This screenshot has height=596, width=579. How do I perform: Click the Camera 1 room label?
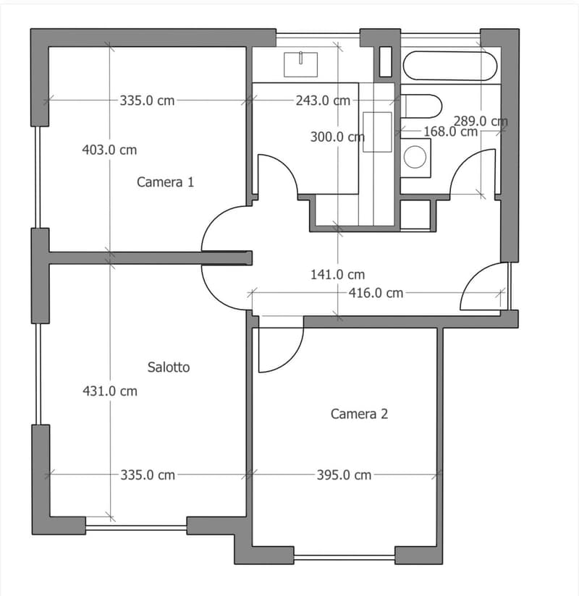(x=165, y=182)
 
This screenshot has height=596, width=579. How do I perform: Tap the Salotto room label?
(x=169, y=367)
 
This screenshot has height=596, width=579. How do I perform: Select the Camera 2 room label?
(x=359, y=414)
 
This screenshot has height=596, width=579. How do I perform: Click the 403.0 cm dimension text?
(x=109, y=150)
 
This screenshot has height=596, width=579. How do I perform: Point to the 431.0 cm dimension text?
(x=110, y=391)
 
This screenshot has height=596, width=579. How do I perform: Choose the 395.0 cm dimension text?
(x=344, y=475)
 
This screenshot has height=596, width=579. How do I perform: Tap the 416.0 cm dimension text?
(x=376, y=293)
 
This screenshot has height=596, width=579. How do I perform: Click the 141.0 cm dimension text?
(x=337, y=274)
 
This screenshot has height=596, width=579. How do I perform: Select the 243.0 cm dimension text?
(x=323, y=101)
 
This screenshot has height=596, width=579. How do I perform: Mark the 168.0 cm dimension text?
(x=450, y=132)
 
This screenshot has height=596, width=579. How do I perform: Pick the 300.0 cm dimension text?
(x=337, y=137)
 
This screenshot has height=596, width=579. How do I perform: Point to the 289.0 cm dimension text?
(x=481, y=122)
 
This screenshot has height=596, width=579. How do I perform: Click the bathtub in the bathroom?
(x=450, y=66)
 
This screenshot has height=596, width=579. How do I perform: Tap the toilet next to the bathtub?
(x=421, y=106)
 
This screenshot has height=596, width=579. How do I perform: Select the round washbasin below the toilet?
(x=415, y=157)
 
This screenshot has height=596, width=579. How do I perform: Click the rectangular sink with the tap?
(x=300, y=64)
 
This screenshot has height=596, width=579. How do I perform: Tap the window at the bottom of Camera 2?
(x=345, y=558)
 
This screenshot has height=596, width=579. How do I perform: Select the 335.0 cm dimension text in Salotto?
(x=148, y=475)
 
